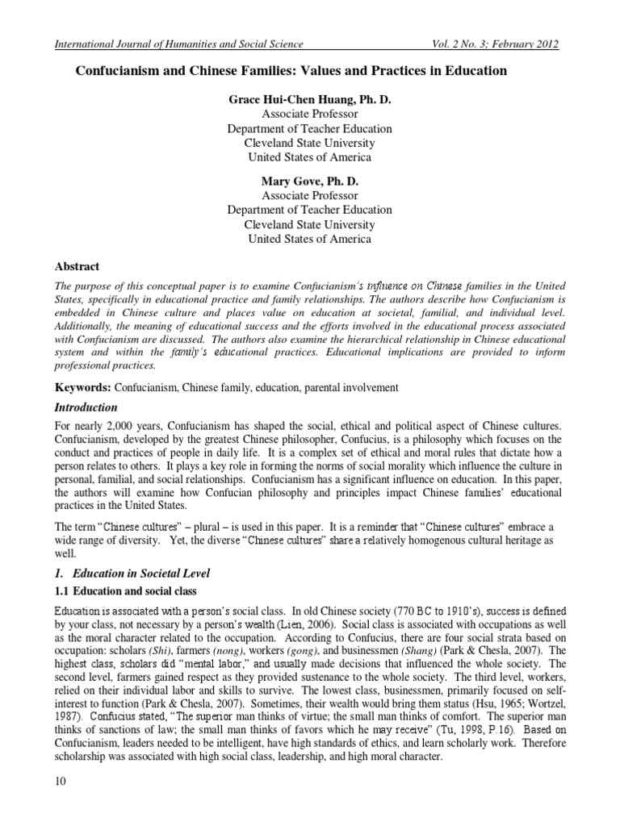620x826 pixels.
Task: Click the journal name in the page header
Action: (177, 44)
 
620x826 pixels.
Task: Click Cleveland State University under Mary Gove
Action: (309, 225)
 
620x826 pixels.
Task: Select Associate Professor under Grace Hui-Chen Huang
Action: (309, 113)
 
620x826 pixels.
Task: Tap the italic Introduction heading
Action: (86, 407)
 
